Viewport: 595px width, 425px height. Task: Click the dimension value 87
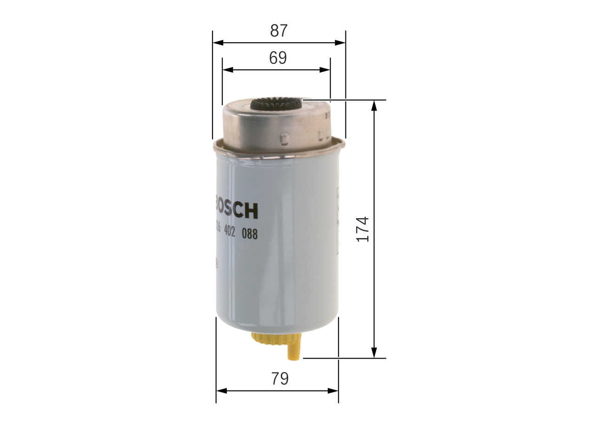pos(279,31)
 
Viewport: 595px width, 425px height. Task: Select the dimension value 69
pos(278,58)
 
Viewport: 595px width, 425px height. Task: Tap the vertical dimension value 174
pos(363,228)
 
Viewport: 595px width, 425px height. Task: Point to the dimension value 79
pos(279,379)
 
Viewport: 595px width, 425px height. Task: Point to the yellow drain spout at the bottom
pos(295,351)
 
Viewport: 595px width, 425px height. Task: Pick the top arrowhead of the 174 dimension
pos(374,105)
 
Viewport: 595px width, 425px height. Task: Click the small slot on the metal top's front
pos(284,138)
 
